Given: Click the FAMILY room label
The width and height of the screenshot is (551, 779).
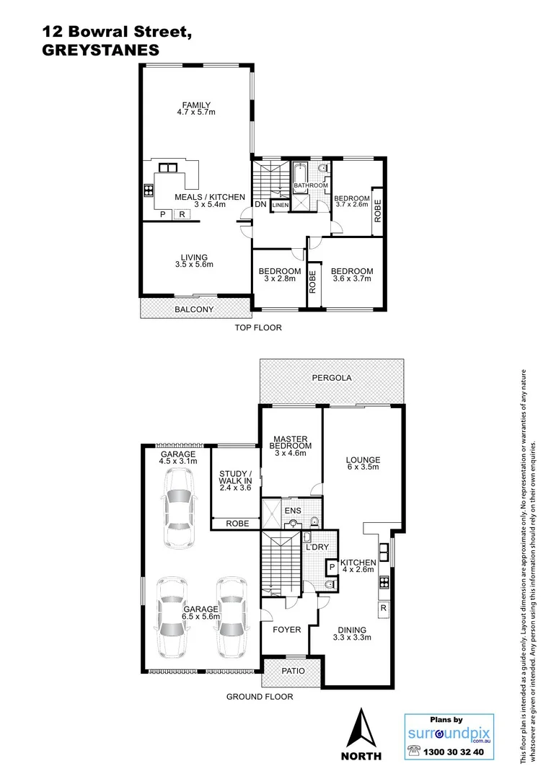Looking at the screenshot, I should click(196, 105).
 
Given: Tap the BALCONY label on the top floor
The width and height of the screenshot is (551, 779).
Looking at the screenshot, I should click(195, 310).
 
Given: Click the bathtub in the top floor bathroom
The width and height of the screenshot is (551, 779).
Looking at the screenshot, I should click(301, 175).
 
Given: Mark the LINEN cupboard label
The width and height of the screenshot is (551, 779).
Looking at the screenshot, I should click(281, 206).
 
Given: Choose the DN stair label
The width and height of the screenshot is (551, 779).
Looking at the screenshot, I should click(260, 205).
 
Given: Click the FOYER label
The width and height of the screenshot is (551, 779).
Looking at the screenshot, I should click(286, 630).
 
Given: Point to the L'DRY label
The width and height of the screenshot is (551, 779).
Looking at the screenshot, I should click(317, 547).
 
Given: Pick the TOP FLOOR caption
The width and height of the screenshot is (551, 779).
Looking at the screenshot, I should click(257, 327).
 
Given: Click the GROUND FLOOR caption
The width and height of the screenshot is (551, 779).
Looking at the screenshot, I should click(260, 697).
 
